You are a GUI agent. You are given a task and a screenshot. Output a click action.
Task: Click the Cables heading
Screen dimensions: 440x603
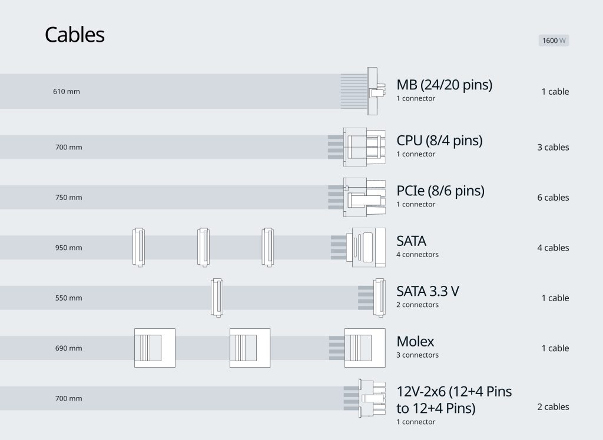[75, 35]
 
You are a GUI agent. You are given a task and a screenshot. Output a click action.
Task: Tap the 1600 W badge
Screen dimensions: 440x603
[554, 41]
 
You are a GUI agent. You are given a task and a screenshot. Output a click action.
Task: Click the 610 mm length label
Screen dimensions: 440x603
[67, 92]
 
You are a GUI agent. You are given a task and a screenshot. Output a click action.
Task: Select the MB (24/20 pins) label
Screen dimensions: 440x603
[444, 85]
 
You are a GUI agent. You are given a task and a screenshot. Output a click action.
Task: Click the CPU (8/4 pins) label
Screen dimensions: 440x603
[439, 141]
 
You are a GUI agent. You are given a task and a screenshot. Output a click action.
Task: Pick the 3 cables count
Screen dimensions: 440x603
[553, 147]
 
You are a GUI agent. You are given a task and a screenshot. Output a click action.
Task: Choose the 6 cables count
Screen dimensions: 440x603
[553, 198]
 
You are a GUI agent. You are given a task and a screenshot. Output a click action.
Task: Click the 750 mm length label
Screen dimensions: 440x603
[69, 198]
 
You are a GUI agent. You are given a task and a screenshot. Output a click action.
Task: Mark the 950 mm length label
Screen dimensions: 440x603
[69, 248]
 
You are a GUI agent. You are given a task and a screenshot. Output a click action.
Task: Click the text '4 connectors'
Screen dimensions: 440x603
[417, 255]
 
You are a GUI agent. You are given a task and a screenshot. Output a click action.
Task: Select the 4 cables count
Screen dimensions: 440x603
[553, 248]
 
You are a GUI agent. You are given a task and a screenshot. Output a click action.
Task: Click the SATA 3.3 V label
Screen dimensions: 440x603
[428, 291]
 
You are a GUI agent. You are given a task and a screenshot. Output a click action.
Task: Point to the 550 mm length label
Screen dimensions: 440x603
[69, 298]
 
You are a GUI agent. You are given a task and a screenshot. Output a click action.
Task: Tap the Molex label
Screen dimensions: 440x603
[415, 341]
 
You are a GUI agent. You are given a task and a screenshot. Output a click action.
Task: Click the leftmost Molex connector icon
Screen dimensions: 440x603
[155, 348]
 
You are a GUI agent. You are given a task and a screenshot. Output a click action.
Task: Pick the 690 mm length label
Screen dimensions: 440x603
[69, 348]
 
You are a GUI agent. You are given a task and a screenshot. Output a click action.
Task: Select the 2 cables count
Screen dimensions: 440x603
[553, 407]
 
